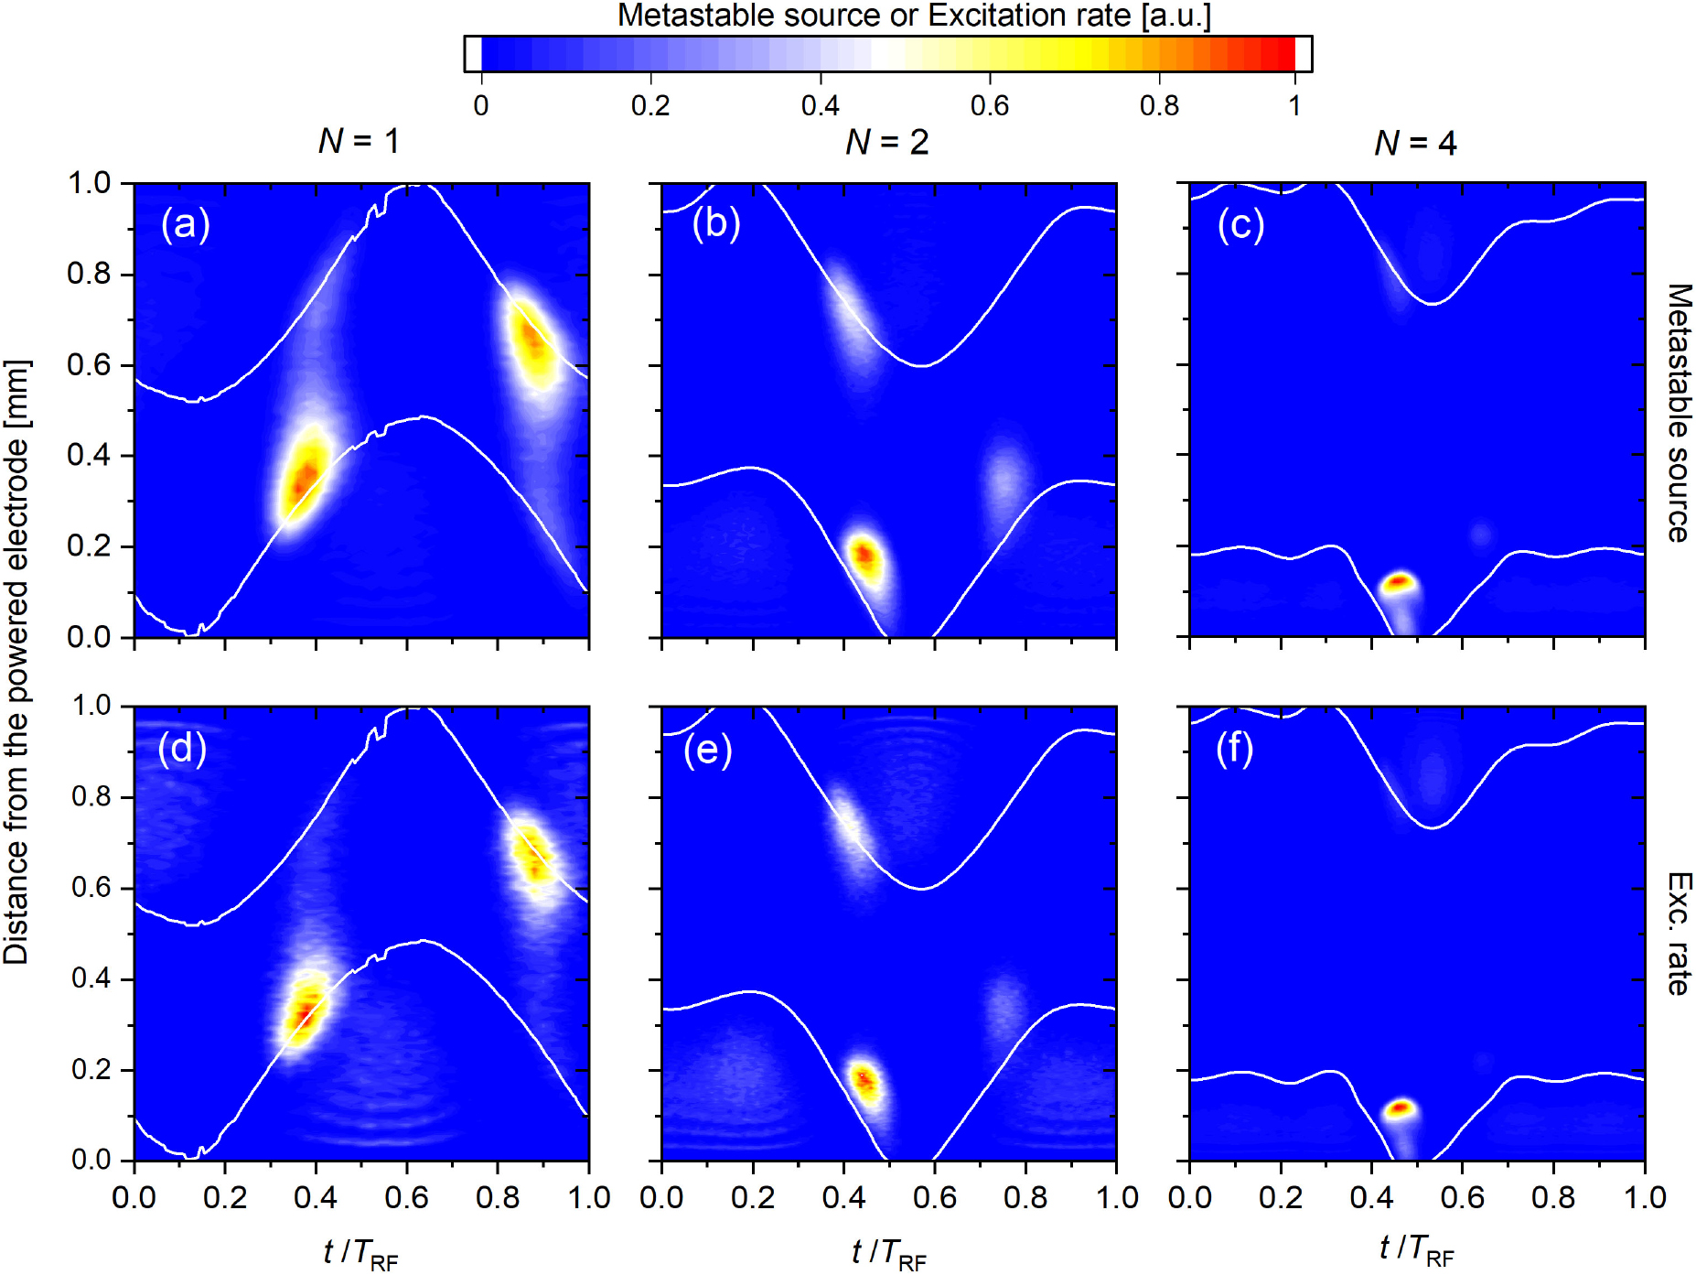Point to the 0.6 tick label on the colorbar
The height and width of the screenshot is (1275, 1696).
tap(989, 106)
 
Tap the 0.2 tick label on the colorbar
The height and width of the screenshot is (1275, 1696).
tap(649, 106)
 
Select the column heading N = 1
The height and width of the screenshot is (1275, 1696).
tap(359, 141)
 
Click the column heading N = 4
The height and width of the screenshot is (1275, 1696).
tap(1414, 143)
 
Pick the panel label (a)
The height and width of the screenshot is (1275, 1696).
tap(186, 224)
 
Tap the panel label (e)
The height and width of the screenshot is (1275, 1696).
tap(708, 750)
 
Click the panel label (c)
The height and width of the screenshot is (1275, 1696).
tap(1240, 224)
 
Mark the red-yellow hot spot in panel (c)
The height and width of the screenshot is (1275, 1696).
tap(1399, 582)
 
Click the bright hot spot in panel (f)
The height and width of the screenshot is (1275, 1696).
tap(1399, 1109)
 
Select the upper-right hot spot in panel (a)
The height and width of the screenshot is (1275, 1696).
tap(531, 340)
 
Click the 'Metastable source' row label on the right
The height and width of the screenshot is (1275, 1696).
tap(1679, 412)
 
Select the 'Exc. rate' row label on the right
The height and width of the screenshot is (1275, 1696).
tap(1679, 934)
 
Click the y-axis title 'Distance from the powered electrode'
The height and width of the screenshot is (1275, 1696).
tap(16, 661)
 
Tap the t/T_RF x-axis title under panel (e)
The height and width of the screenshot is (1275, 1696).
tap(887, 1252)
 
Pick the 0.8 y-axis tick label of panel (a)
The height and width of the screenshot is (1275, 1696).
tap(89, 274)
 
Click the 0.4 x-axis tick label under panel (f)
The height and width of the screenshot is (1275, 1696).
tap(1370, 1197)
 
